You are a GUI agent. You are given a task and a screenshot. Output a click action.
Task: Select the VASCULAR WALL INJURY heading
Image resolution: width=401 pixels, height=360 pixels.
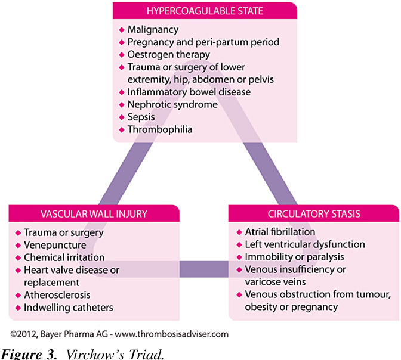coord(95,213)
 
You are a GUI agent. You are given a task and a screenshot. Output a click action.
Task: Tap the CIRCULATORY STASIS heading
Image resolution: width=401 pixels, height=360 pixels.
coord(314,213)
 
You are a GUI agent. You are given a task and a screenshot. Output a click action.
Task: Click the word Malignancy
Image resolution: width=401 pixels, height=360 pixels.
coord(153,29)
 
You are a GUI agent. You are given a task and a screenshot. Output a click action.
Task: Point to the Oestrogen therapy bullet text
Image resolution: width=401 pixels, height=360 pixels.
coord(169,54)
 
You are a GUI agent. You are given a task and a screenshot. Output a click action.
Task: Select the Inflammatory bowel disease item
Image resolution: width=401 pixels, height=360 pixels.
coord(189,92)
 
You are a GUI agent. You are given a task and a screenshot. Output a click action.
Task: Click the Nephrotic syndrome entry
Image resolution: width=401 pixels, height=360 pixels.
coord(172,104)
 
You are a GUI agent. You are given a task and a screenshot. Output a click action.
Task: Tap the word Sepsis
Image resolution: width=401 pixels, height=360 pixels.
coord(141,117)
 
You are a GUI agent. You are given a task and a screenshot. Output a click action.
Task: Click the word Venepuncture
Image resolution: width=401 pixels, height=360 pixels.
coord(55,245)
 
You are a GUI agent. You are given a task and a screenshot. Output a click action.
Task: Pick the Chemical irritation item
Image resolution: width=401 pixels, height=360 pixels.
coord(64,257)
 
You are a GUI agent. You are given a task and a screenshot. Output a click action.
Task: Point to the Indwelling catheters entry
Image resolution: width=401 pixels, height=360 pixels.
coord(69,308)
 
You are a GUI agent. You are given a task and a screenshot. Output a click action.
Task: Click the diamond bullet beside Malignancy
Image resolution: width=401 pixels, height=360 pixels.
coord(122,29)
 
